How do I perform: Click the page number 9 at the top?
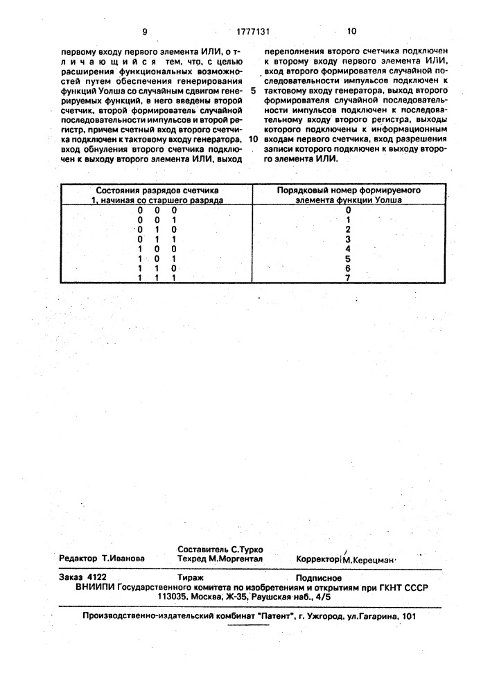(x=145, y=31)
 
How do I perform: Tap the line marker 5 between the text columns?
(x=253, y=90)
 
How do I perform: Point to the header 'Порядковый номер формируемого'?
(x=349, y=189)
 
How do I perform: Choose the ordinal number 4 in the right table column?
(x=349, y=247)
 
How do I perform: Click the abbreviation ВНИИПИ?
(x=96, y=586)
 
